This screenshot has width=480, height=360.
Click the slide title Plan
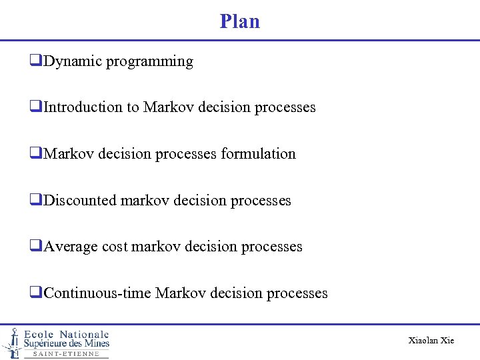(x=240, y=21)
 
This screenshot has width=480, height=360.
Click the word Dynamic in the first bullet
(x=70, y=61)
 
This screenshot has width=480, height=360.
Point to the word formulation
(x=258, y=154)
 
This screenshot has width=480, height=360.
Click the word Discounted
(x=80, y=201)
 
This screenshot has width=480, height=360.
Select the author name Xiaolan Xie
(x=431, y=341)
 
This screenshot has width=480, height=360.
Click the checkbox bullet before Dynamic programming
(x=35, y=61)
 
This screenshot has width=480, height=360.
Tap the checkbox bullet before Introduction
(x=35, y=107)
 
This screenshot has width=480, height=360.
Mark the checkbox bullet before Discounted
(x=35, y=201)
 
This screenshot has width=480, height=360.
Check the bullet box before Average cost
(x=35, y=247)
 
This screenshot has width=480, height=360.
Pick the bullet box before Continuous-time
(x=35, y=293)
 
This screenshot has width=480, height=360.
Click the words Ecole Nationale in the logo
(x=66, y=334)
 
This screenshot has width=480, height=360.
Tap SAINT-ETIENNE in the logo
(x=66, y=354)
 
